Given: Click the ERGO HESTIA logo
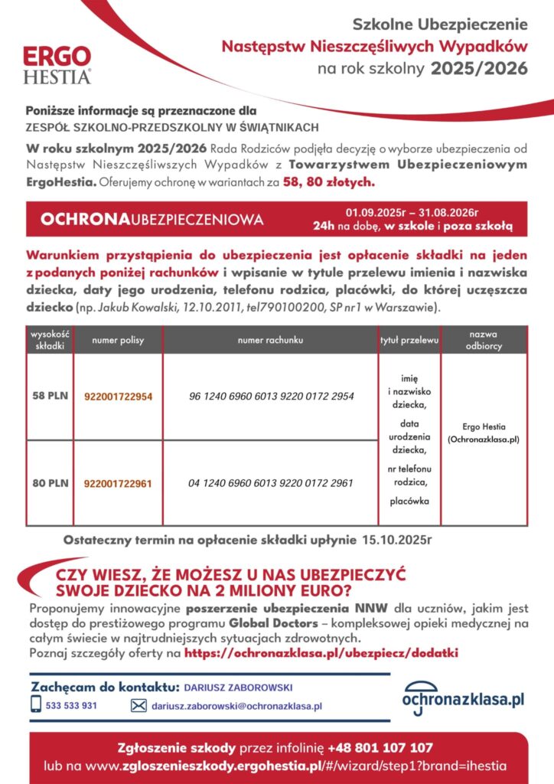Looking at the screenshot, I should [x=57, y=64].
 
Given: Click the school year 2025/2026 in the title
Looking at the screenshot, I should [x=479, y=69].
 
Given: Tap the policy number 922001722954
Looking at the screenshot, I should [x=118, y=397].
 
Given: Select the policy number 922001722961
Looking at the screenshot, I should [x=118, y=483].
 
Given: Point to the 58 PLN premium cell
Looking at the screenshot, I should [x=50, y=397].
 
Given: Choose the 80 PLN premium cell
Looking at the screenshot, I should [x=50, y=483].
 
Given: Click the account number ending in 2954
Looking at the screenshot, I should [x=271, y=397].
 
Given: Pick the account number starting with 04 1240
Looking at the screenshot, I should [x=271, y=483].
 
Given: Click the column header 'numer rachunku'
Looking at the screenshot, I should [x=271, y=339].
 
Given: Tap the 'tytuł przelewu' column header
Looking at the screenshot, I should [x=409, y=339].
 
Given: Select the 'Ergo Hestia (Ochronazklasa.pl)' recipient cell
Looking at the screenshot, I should [x=484, y=433].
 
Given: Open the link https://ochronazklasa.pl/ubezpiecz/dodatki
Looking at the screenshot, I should [x=321, y=654].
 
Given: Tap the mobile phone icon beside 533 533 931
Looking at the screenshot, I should [x=36, y=704].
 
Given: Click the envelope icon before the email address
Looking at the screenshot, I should [x=138, y=706].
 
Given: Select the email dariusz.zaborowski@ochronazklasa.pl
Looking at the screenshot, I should [x=236, y=706].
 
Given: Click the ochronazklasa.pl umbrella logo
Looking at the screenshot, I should [x=464, y=698].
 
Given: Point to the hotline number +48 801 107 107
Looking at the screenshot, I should [x=380, y=747].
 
